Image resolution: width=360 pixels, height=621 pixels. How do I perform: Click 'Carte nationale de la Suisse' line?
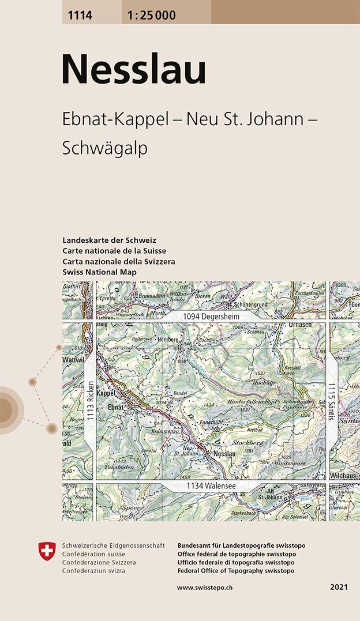pos(114,250)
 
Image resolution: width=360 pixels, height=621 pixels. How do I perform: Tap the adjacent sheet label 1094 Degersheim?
pos(211,317)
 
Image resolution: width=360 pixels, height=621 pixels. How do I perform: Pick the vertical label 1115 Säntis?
pos(332,402)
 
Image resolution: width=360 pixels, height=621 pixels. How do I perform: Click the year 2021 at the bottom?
pos(339,587)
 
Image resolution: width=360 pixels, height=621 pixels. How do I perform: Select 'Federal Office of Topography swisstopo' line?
pos(236,570)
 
